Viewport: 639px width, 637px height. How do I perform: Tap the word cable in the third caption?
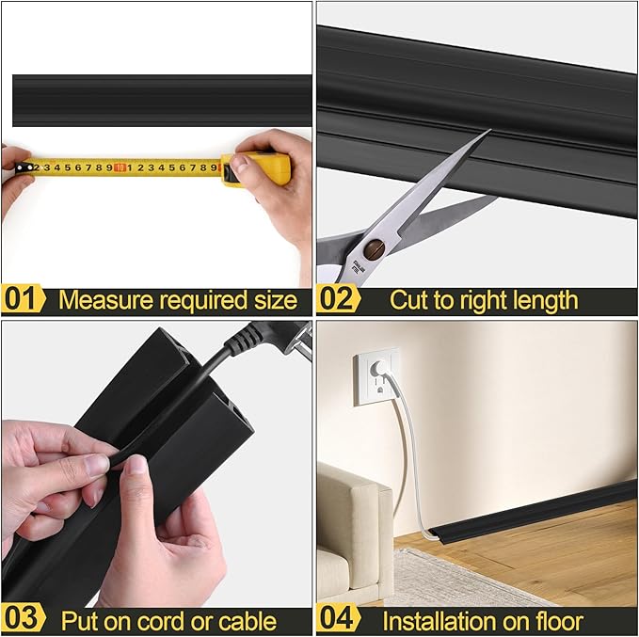(x=246, y=621)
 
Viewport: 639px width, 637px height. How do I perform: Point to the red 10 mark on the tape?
(x=120, y=167)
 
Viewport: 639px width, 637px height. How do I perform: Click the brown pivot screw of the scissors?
(x=375, y=248)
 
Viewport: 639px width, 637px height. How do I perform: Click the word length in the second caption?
(x=541, y=301)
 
